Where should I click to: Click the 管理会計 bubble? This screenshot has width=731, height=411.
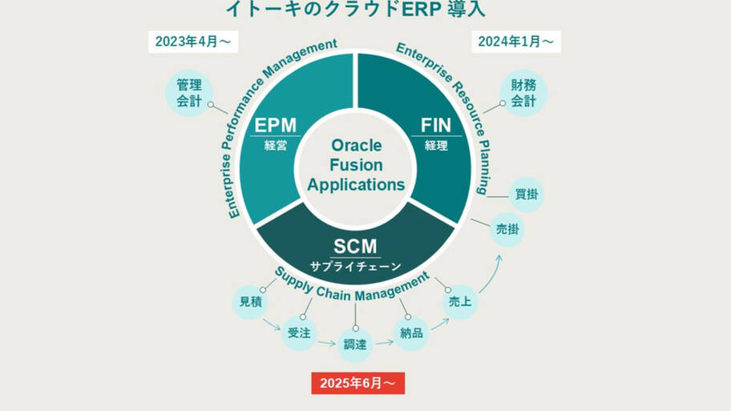[189, 93]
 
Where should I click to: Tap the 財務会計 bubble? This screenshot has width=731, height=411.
[523, 93]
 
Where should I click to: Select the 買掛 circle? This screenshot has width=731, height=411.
[527, 195]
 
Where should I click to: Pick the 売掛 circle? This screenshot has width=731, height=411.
[507, 230]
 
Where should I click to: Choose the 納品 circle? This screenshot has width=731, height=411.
[411, 332]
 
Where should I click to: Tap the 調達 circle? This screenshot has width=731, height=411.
[355, 345]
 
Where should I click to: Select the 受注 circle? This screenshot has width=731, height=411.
[299, 332]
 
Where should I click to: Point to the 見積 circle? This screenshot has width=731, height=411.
[250, 302]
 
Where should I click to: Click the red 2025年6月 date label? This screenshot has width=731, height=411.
[357, 383]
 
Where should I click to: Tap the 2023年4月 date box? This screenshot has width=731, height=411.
[193, 42]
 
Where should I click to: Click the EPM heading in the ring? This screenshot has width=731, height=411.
[275, 125]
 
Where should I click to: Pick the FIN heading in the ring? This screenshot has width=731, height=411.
[436, 125]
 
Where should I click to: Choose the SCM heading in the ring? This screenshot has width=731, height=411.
[355, 247]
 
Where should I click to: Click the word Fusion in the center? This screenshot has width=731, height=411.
[356, 165]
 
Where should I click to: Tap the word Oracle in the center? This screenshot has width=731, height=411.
[356, 146]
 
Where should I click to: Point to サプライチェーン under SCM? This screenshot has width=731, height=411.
[355, 266]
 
